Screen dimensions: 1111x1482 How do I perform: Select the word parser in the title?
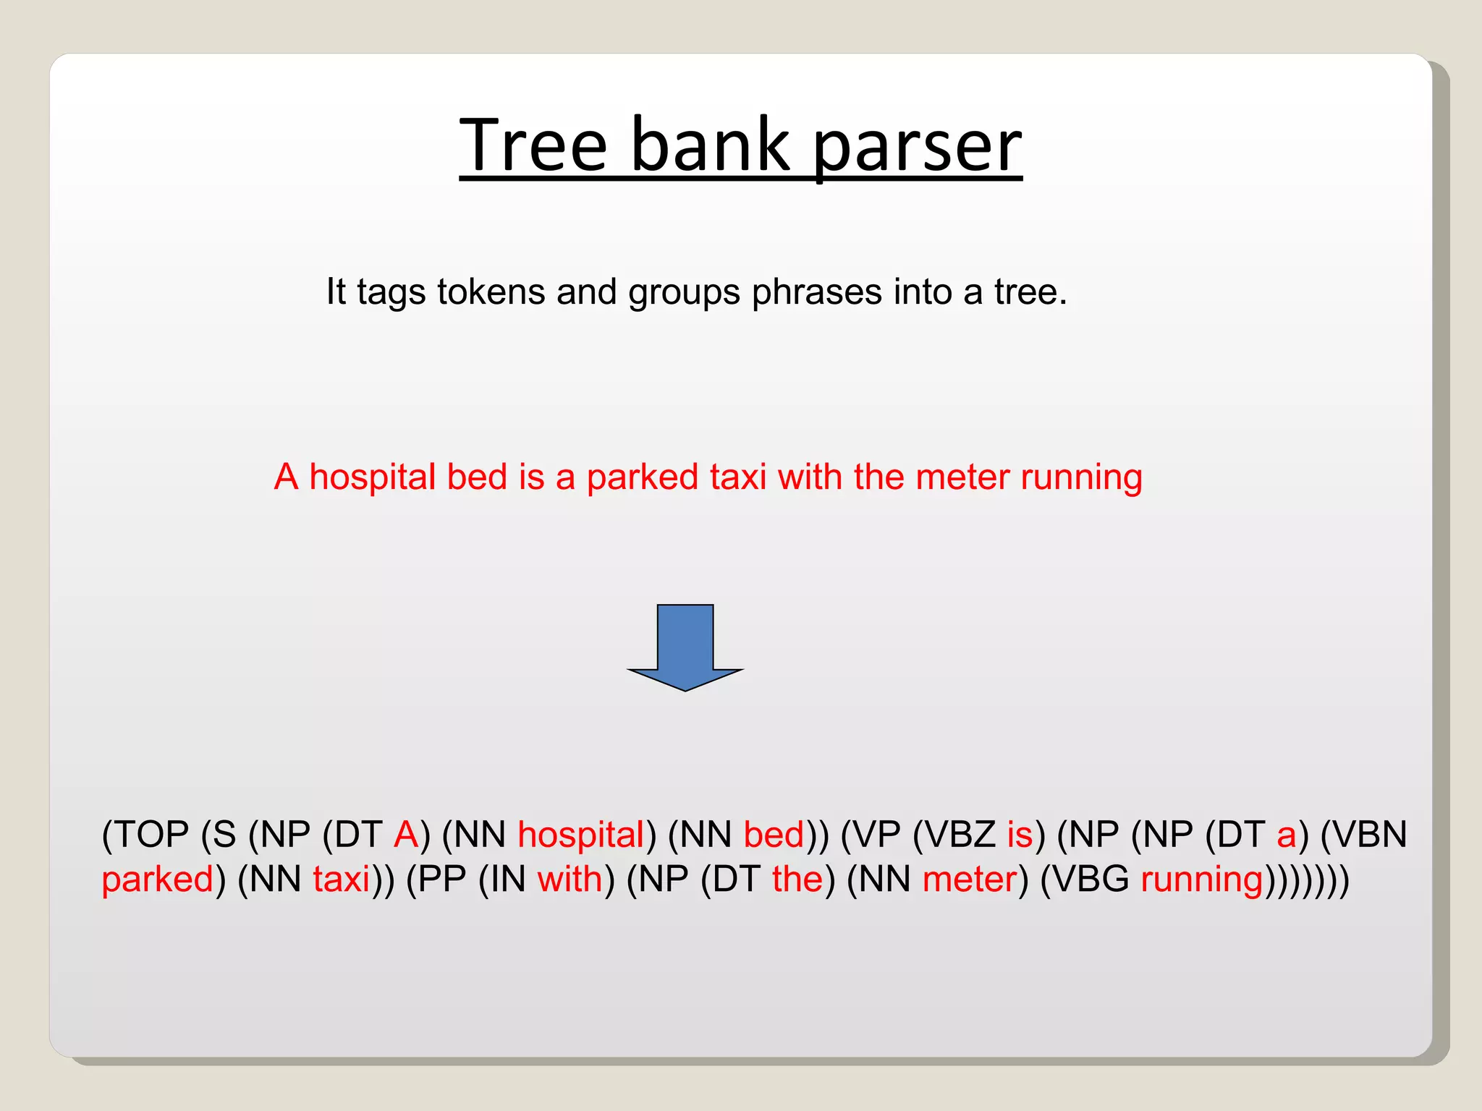917,147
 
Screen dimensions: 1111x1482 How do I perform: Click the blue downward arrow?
685,647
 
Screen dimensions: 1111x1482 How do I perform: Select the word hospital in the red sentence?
373,477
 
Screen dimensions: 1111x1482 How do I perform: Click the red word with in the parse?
569,880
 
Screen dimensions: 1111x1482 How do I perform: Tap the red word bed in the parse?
774,835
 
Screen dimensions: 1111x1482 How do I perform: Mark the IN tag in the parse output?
508,880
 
